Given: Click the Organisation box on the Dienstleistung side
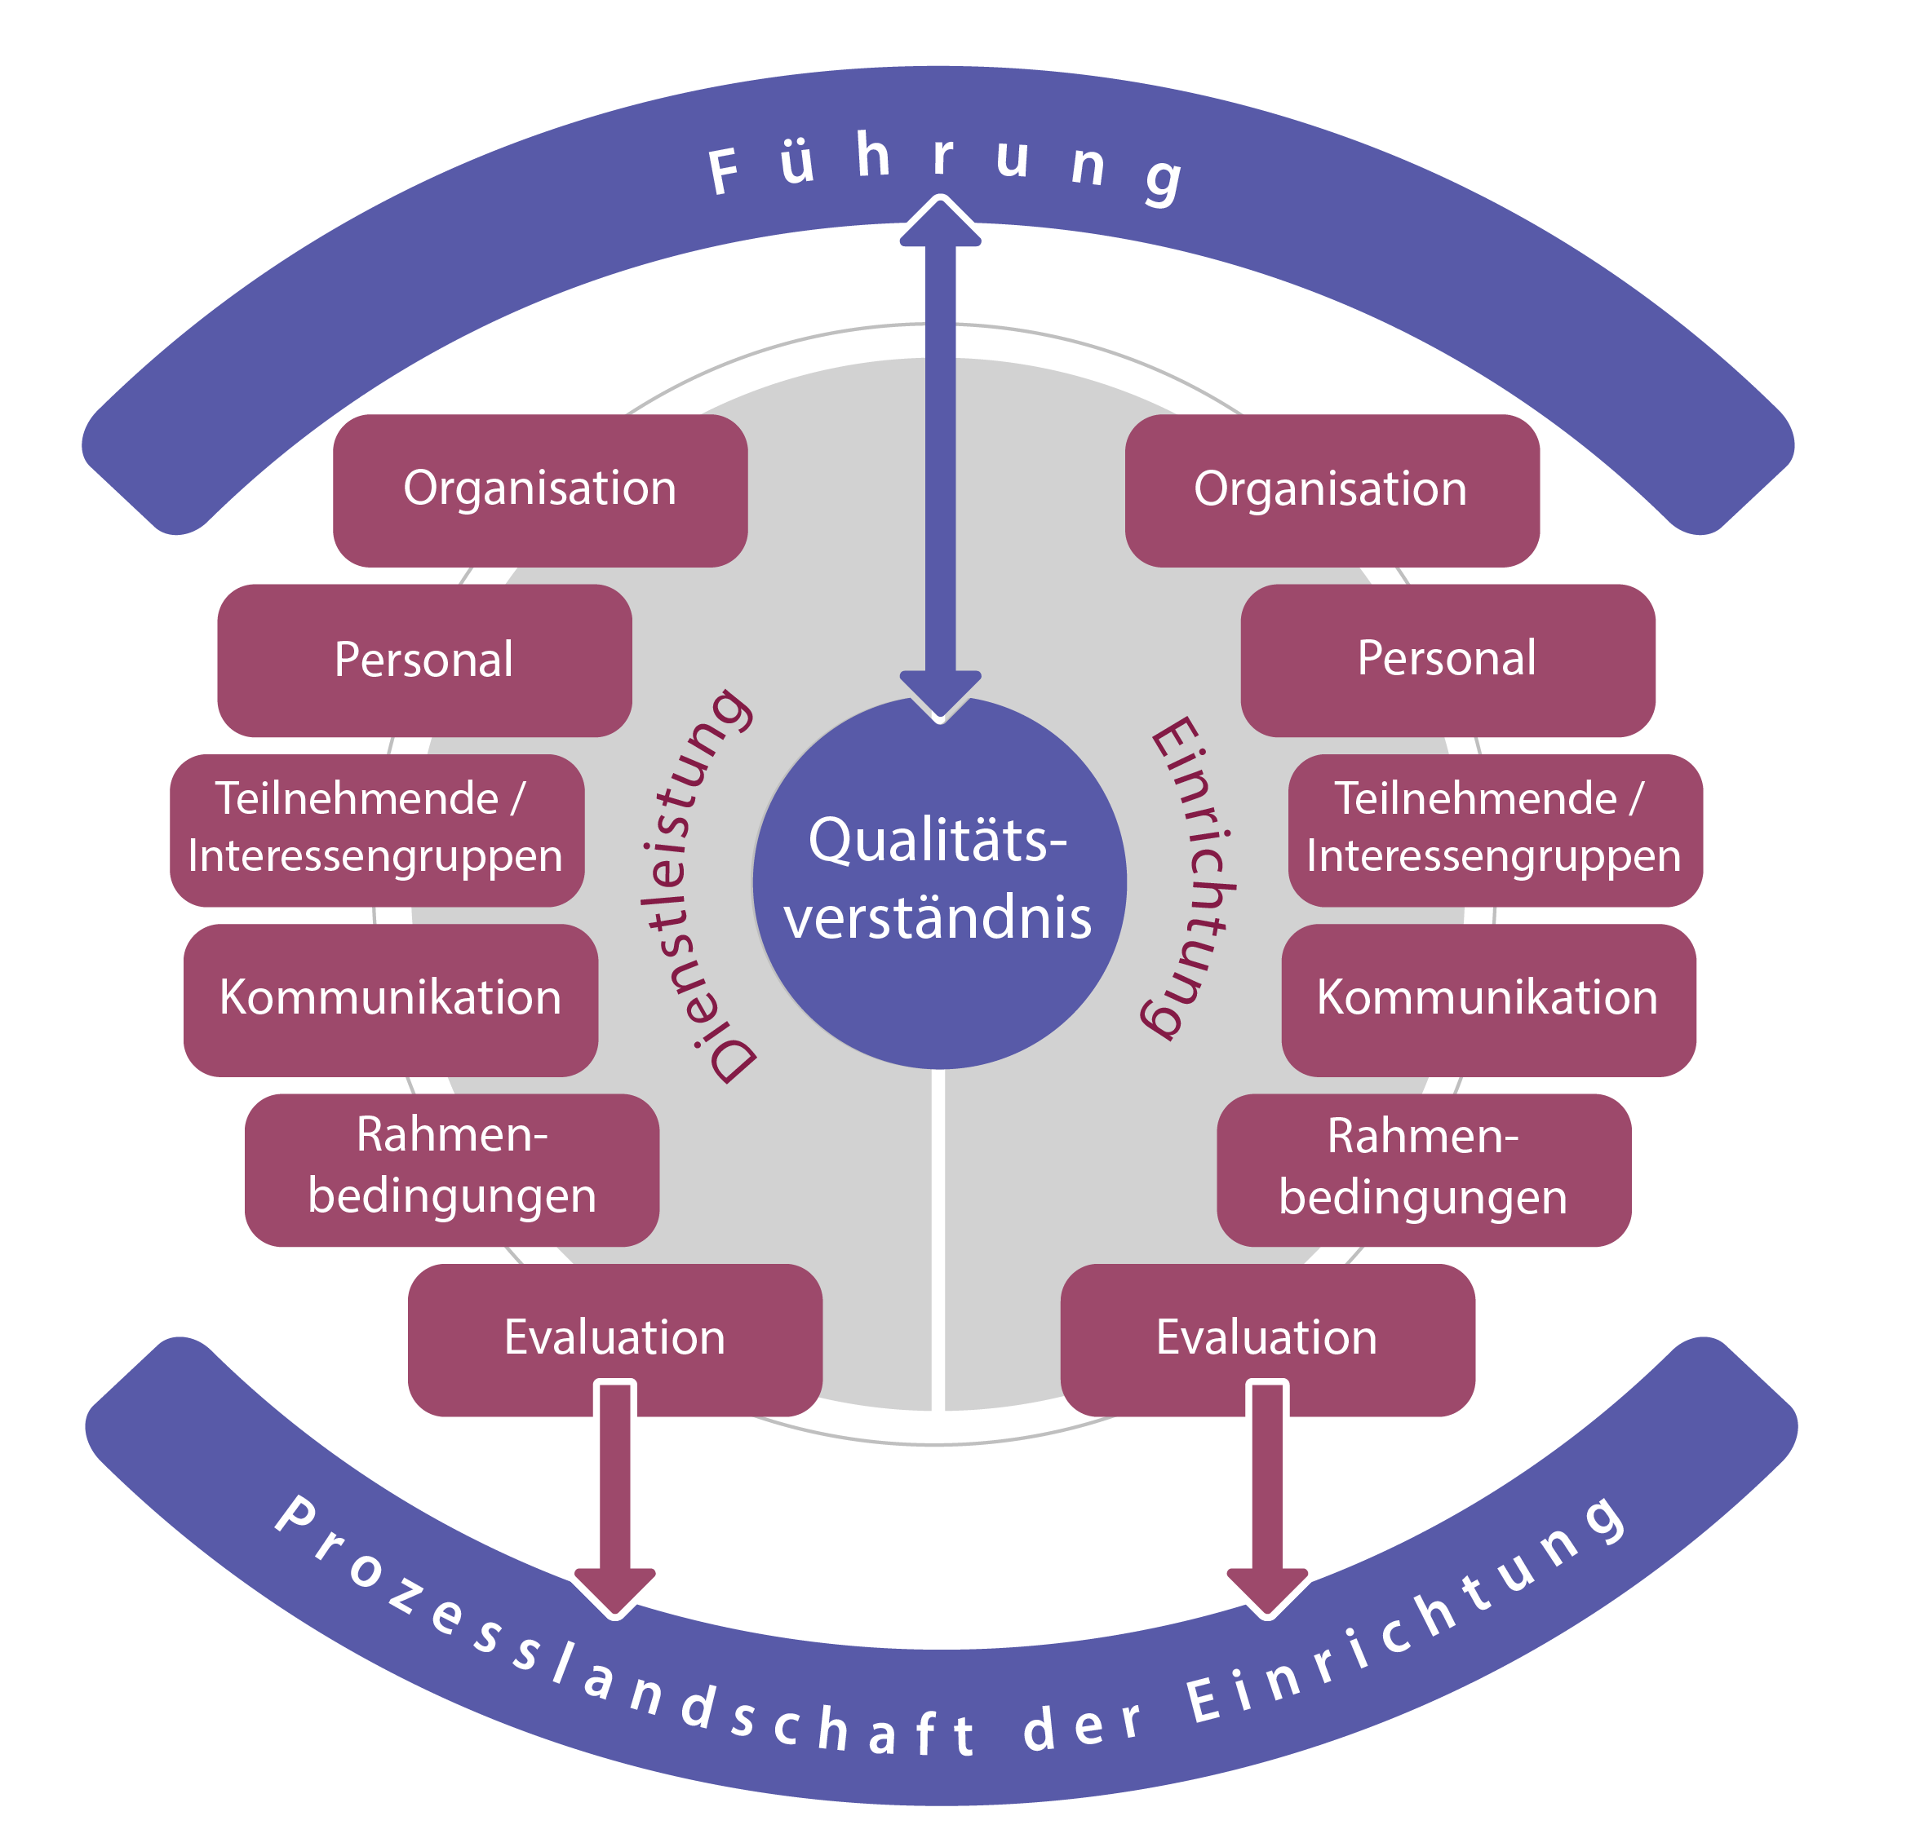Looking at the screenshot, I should click(x=539, y=490).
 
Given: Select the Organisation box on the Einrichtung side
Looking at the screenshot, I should click(x=1331, y=490).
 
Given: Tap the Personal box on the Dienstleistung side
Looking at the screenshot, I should click(x=423, y=661).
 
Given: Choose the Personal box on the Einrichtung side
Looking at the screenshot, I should click(x=1447, y=660).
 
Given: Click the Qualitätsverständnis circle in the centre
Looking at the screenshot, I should click(x=939, y=881).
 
